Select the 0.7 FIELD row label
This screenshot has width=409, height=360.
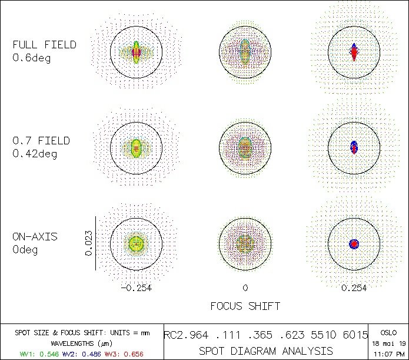[x=41, y=141]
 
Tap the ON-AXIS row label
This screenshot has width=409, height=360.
[x=35, y=237]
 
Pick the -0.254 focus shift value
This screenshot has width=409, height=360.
[x=136, y=288]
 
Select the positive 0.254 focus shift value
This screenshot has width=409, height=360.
[x=354, y=288]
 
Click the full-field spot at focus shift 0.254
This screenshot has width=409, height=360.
[x=354, y=52]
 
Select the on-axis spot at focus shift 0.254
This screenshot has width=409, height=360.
[x=354, y=243]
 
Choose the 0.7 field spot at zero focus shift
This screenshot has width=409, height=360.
[x=245, y=147]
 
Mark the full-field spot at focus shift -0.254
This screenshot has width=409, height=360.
[x=137, y=52]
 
